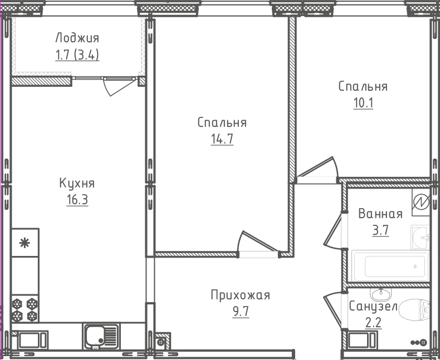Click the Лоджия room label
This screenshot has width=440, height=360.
[77, 38]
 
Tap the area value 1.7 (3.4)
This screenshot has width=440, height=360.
[77, 55]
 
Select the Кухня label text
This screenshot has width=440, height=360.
[77, 183]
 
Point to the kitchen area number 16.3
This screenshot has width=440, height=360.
[77, 200]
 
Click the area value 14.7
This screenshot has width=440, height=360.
[222, 139]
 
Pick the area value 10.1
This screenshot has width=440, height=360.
[363, 103]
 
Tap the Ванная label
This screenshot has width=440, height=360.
[380, 214]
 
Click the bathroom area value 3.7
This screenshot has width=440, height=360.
[380, 230]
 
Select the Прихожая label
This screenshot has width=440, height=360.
[240, 295]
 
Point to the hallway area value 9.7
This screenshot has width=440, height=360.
[240, 311]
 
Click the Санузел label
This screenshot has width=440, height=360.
[373, 307]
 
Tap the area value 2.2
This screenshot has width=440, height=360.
[373, 323]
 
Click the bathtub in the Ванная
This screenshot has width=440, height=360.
[390, 266]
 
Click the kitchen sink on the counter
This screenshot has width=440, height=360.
[101, 336]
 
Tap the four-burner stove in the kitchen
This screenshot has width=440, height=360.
[25, 310]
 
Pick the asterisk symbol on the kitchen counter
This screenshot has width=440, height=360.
[25, 242]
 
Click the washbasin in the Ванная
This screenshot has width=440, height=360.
[420, 238]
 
